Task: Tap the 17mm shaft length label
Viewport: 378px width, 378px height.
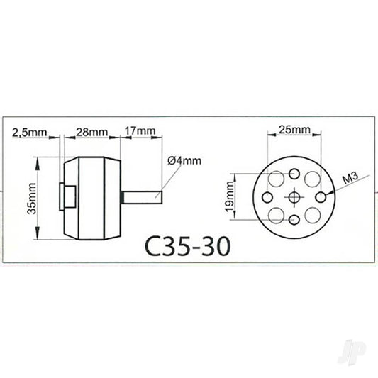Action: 140,132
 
